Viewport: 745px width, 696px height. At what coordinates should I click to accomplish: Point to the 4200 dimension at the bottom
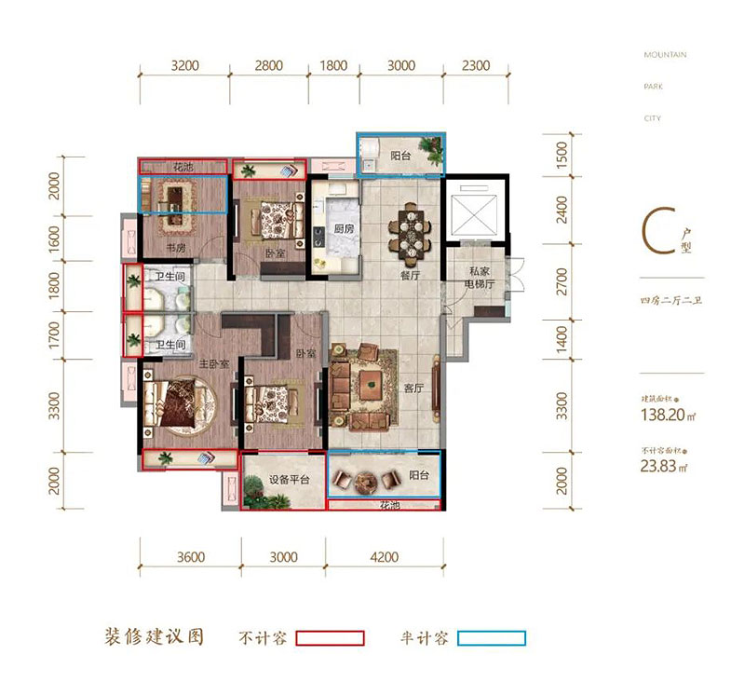click(384, 557)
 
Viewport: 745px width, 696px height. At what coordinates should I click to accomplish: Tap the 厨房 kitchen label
click(343, 229)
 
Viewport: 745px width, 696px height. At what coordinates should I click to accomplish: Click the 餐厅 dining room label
click(412, 276)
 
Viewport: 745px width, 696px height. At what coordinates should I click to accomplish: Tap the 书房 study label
click(175, 248)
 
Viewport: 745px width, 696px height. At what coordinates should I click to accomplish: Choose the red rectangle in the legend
click(330, 638)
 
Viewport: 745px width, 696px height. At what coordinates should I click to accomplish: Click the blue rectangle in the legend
click(491, 638)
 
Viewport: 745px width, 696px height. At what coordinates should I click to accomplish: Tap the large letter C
click(653, 234)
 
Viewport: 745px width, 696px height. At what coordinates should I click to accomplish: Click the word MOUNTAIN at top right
click(665, 55)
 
